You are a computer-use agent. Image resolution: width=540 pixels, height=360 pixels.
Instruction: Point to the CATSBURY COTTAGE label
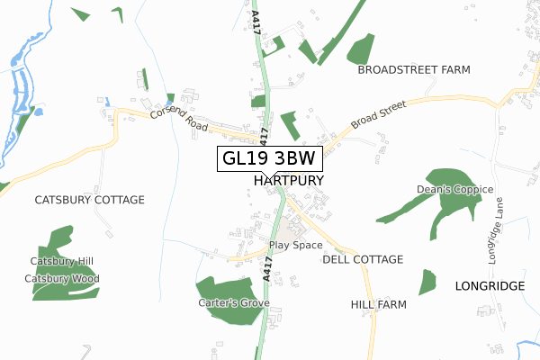(x=89, y=199)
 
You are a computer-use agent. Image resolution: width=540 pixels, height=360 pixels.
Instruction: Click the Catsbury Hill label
(x=61, y=262)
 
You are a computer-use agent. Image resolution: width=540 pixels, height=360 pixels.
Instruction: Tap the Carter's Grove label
(x=234, y=303)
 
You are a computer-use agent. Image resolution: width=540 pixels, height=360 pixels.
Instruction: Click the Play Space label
(x=295, y=246)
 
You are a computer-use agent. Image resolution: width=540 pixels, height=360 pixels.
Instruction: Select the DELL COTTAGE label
(x=363, y=259)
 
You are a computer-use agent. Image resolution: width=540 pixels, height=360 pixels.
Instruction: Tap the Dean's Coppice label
(x=454, y=190)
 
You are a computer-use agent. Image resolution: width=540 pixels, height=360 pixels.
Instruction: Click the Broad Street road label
(x=379, y=114)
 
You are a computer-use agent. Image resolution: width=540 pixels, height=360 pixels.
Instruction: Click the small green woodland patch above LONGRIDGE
(x=427, y=282)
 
